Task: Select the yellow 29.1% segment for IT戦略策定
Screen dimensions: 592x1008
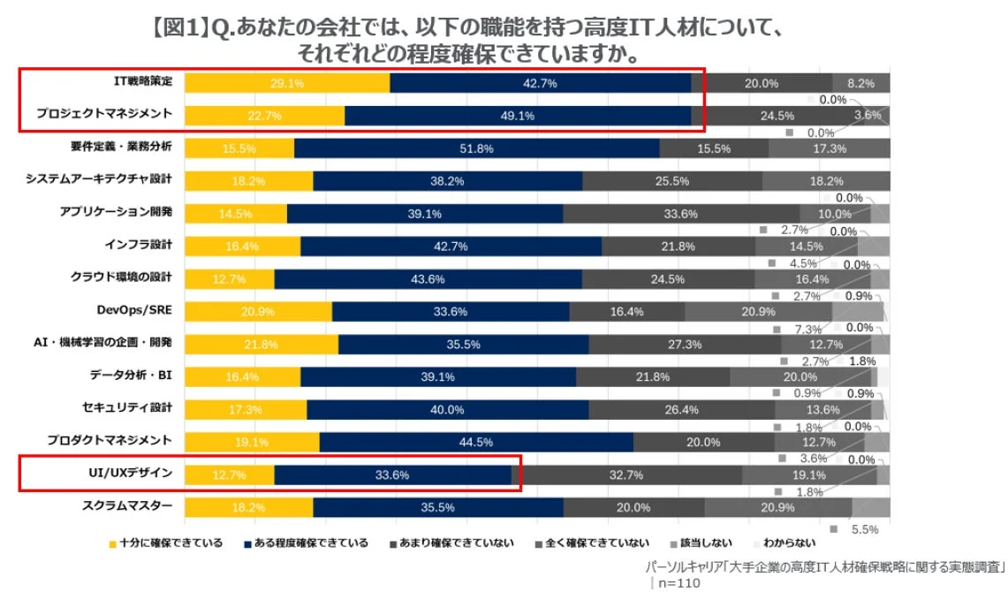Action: [287, 83]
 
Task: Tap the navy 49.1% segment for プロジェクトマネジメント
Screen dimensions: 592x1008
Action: [518, 116]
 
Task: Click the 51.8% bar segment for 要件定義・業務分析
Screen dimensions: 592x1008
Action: [476, 148]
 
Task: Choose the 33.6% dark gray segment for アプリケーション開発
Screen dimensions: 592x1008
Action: [681, 214]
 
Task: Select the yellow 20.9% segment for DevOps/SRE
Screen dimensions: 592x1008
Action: [258, 312]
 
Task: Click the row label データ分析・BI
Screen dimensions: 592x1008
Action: [131, 375]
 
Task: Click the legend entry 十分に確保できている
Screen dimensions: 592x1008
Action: [165, 543]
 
